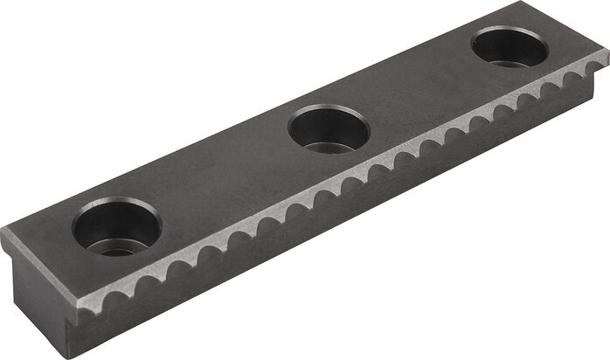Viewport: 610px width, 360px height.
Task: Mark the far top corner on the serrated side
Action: (x=607, y=51)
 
